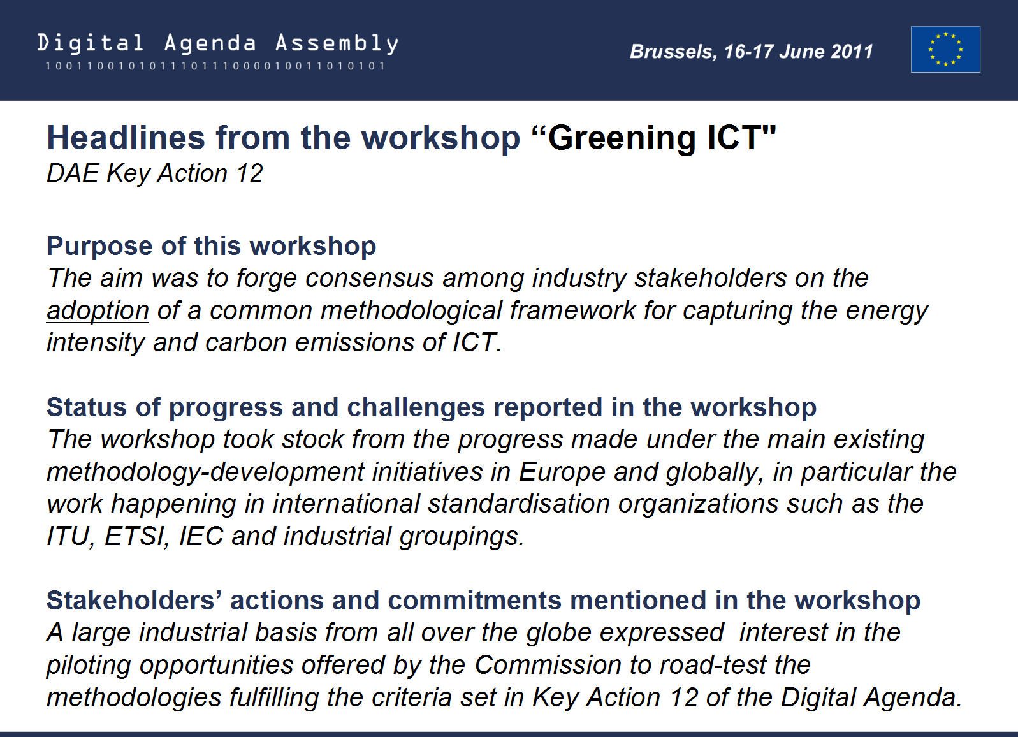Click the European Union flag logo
click(945, 49)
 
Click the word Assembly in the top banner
click(337, 44)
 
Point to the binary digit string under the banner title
click(215, 66)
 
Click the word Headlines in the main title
click(126, 137)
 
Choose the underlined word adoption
click(98, 312)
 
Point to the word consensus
click(370, 278)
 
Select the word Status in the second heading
click(87, 407)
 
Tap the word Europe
click(562, 473)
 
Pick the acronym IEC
click(201, 536)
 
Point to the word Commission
click(548, 665)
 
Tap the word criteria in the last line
click(411, 697)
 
